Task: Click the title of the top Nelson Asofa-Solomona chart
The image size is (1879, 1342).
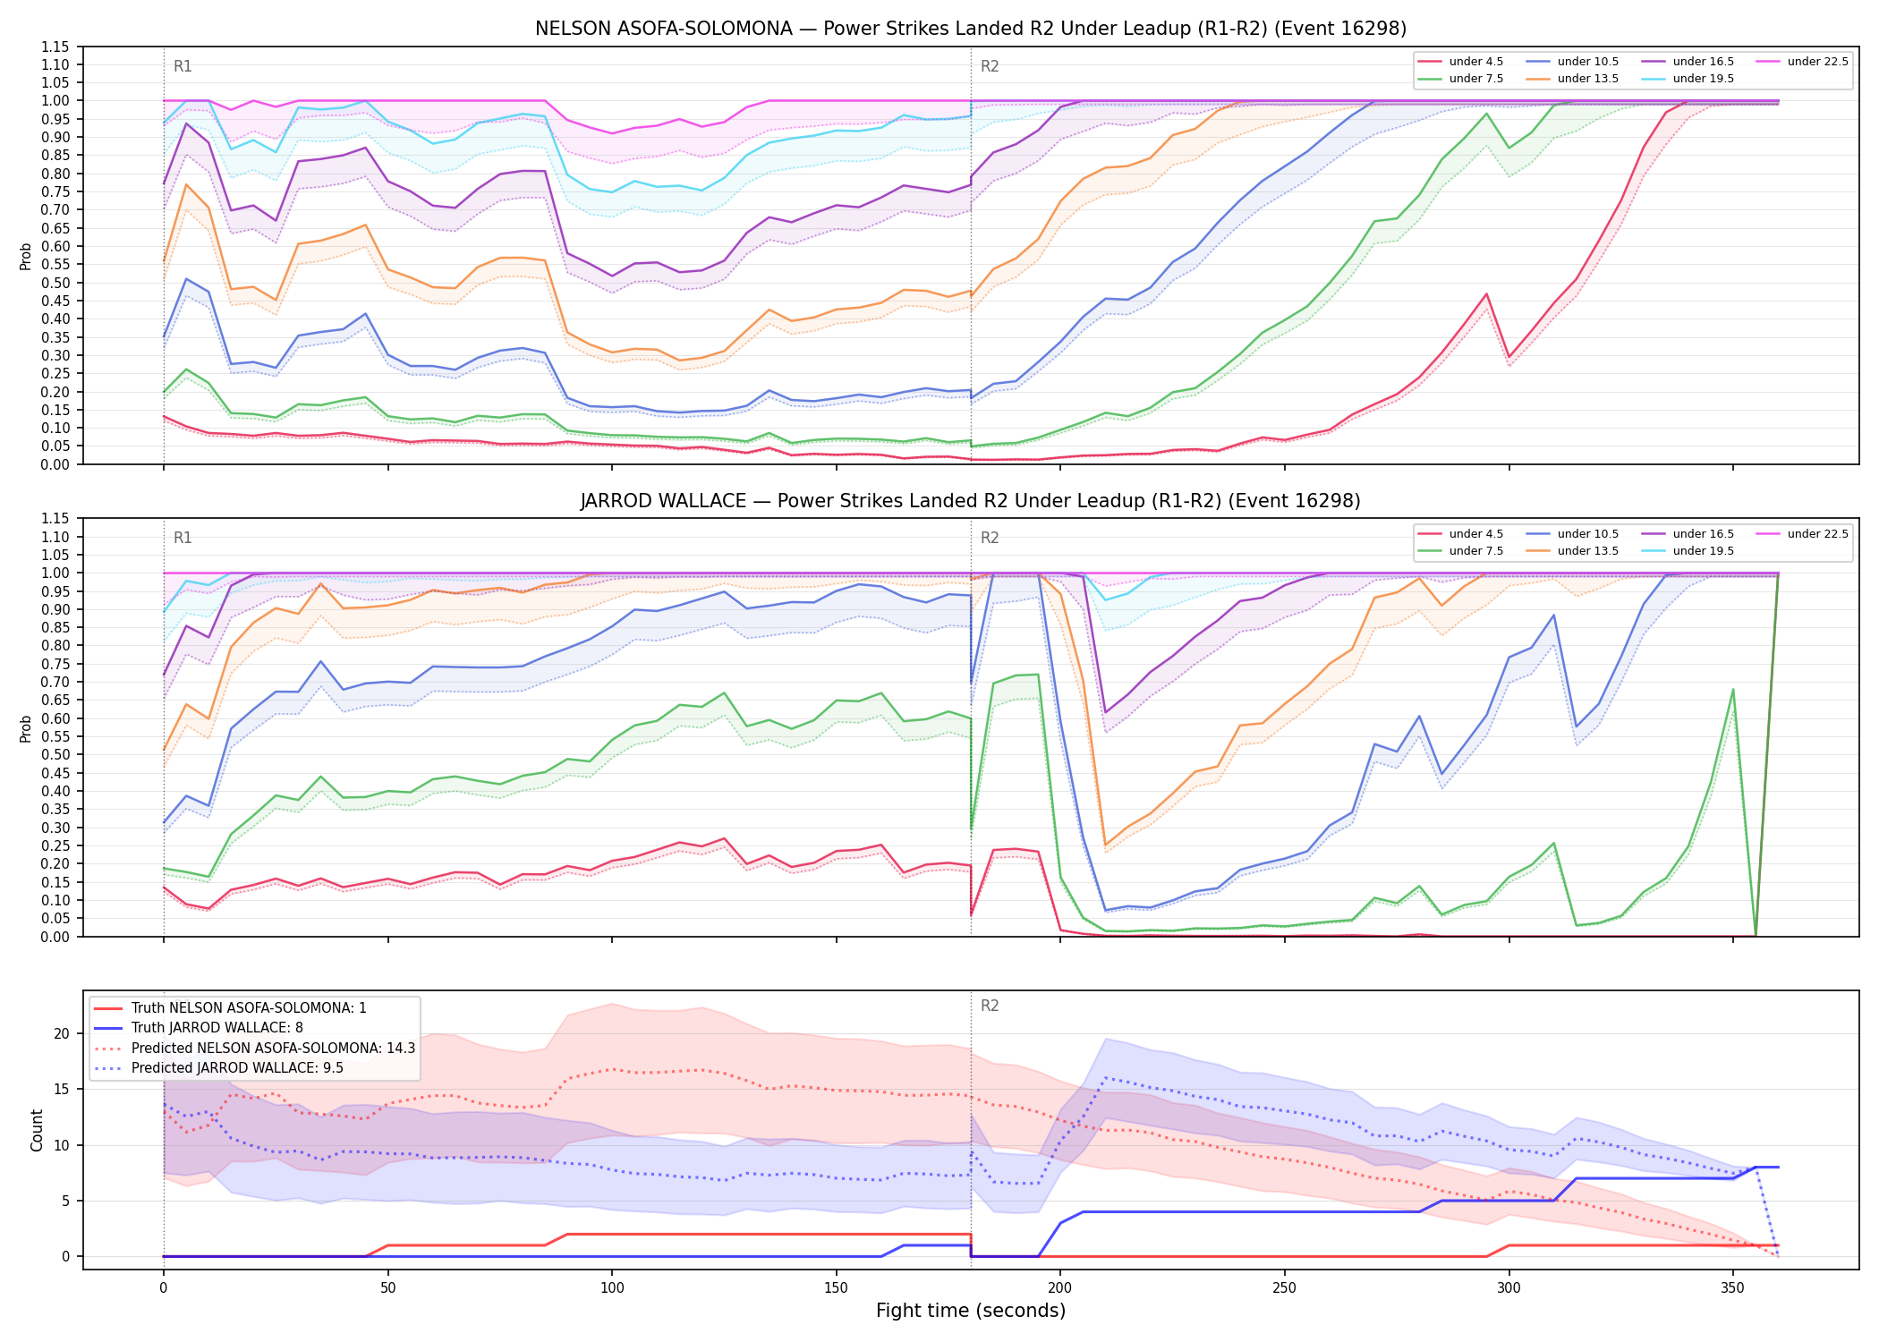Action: point(971,29)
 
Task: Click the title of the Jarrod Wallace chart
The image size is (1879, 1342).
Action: point(971,501)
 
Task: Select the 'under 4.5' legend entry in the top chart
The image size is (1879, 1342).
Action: point(1461,62)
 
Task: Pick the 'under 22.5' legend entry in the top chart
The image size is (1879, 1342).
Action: point(1802,62)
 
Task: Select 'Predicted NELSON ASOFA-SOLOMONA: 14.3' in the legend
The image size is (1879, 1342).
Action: point(255,1048)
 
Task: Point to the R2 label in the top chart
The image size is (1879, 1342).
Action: point(990,66)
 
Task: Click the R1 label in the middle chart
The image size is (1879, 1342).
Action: point(183,538)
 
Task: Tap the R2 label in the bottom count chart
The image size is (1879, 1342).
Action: point(990,1006)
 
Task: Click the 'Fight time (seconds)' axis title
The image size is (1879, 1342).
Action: point(971,1311)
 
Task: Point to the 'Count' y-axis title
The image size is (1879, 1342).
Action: point(37,1130)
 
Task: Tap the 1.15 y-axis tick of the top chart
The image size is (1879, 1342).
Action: point(55,47)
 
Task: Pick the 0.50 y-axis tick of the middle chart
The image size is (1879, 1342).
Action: point(55,754)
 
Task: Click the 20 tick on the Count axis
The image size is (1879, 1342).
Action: point(62,1033)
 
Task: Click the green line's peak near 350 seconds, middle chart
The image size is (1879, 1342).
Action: point(1733,690)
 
